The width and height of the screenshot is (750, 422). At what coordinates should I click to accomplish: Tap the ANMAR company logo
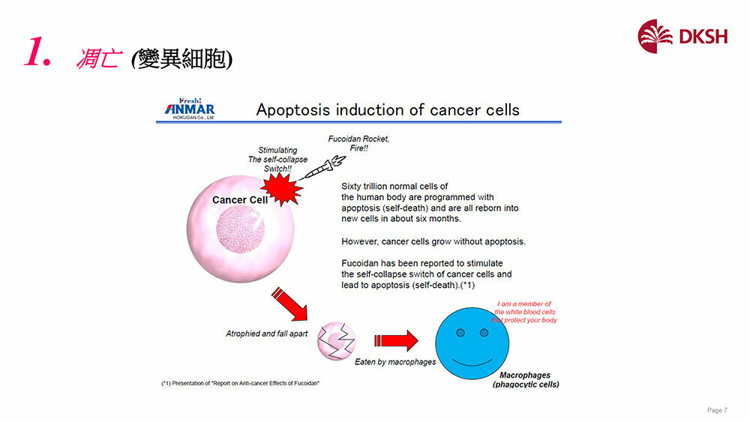point(190,109)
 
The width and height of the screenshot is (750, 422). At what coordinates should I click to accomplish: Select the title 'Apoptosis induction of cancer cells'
point(388,110)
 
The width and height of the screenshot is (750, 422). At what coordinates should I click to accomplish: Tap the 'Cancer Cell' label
point(239,200)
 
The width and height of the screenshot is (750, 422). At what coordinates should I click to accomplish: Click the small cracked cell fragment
point(337,341)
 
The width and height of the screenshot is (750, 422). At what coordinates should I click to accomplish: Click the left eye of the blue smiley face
point(462,332)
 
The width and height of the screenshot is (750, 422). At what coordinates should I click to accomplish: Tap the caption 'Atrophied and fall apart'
point(267,334)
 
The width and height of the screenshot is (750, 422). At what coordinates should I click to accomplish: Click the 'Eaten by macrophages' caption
point(395,362)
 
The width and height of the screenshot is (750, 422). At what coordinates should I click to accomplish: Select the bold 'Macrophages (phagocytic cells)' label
point(525,379)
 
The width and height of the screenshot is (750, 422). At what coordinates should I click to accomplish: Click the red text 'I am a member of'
point(524,304)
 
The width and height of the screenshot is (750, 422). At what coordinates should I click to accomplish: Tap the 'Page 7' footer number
point(717,410)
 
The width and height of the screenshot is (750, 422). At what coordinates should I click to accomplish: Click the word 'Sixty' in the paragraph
point(353,186)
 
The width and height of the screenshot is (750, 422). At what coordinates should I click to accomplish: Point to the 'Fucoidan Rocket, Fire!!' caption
point(358,144)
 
